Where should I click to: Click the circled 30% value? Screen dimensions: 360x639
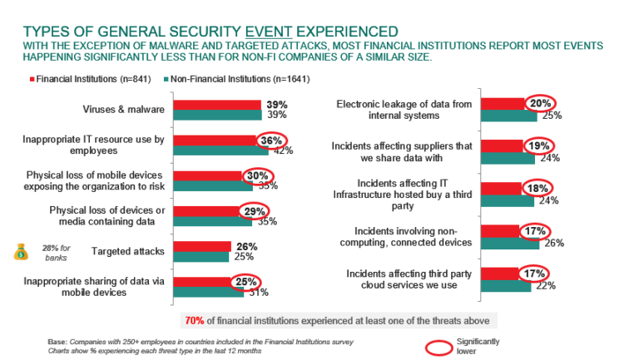pyautogui.click(x=255, y=176)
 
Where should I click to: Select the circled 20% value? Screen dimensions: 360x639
pyautogui.click(x=539, y=104)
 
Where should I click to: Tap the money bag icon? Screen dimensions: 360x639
pyautogui.click(x=22, y=250)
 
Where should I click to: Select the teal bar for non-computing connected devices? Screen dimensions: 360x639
pyautogui.click(x=509, y=243)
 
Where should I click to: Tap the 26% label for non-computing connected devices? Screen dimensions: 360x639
pyautogui.click(x=554, y=243)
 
